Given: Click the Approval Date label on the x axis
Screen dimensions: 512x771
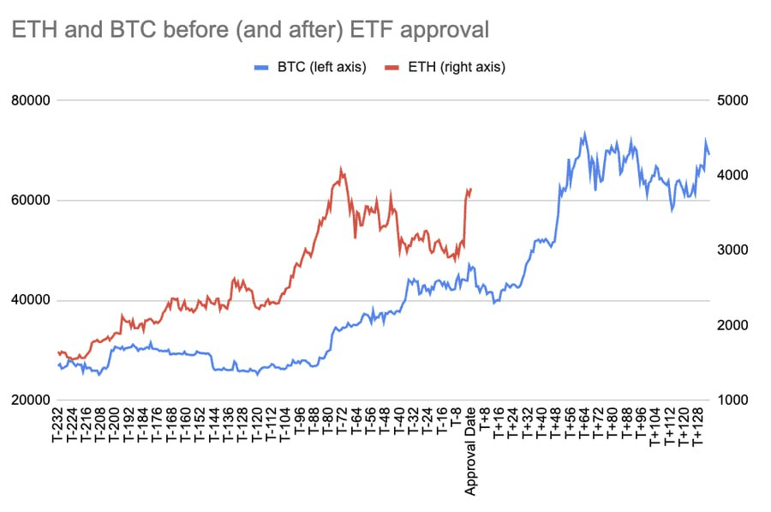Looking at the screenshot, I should point(470,450).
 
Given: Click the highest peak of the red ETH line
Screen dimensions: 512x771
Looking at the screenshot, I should point(341,168).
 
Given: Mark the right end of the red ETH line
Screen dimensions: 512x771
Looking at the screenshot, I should point(471,190).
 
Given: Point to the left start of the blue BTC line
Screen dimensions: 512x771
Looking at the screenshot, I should point(57,364).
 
